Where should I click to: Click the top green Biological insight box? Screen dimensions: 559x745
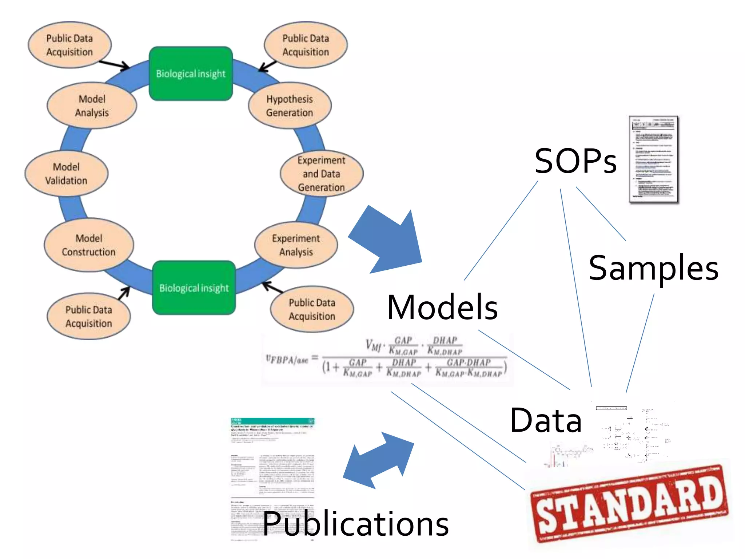191,74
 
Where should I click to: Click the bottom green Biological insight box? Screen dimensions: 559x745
194,288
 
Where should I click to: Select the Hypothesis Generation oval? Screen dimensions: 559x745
290,106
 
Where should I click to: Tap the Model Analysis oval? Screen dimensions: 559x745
92,106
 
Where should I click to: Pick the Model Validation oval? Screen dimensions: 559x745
66,174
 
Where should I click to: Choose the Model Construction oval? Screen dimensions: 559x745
89,245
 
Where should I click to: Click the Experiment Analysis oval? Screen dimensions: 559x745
296,245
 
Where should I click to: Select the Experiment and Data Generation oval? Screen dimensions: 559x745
321,174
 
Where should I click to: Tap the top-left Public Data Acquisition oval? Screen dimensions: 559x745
69,45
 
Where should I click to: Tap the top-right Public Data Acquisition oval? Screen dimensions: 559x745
306,45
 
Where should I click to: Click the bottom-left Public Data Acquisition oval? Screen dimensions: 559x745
89,316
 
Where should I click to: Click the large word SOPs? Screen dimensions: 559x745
575,161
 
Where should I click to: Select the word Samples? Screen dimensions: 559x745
653,268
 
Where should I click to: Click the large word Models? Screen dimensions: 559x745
442,308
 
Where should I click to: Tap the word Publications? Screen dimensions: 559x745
356,524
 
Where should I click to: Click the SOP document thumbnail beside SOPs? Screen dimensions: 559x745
654,159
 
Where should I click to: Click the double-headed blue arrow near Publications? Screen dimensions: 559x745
378,460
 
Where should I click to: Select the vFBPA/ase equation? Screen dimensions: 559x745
387,358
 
